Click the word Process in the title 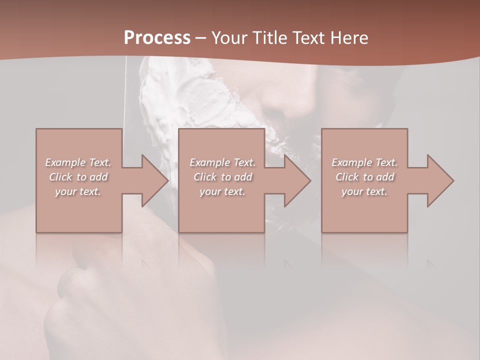(x=157, y=38)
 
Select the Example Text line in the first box (x=78, y=162)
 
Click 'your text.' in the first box (x=78, y=191)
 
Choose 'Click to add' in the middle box (x=222, y=177)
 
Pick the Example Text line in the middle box (x=222, y=162)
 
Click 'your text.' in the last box (x=364, y=191)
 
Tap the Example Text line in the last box (x=364, y=162)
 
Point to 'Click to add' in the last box (x=364, y=177)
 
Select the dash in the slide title (x=201, y=38)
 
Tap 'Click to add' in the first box (x=78, y=177)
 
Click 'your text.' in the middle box (x=222, y=191)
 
